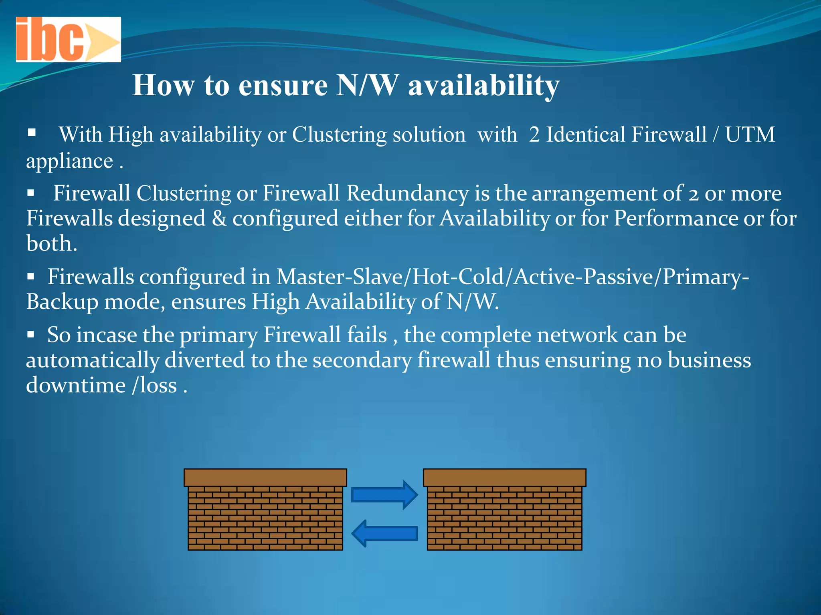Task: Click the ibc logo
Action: (x=68, y=39)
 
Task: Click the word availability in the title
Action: (x=483, y=86)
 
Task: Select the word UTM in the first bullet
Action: (x=750, y=135)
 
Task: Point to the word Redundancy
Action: (x=407, y=193)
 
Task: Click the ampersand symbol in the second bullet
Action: (x=219, y=219)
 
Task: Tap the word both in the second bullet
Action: (x=51, y=243)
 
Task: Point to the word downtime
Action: (x=76, y=385)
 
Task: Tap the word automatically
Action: (x=93, y=360)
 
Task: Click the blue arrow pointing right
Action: (x=384, y=495)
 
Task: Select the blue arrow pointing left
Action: (x=385, y=533)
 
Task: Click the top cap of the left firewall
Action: (x=265, y=478)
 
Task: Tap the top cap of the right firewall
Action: (x=504, y=478)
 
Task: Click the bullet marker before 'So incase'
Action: (x=31, y=334)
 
